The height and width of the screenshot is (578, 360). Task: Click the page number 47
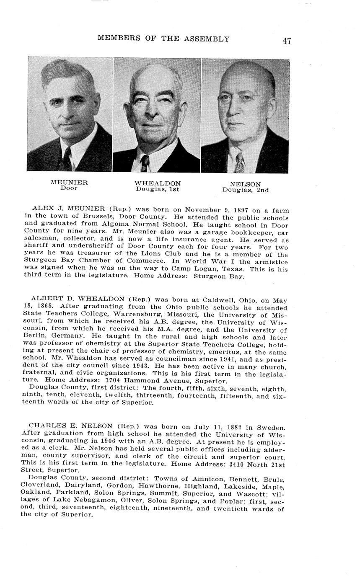(x=287, y=41)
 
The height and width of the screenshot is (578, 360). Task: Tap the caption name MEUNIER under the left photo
(x=69, y=183)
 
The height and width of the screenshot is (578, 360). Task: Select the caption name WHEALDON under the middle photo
(x=158, y=183)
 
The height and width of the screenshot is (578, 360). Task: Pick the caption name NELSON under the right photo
(x=245, y=184)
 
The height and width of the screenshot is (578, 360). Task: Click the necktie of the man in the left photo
(x=66, y=158)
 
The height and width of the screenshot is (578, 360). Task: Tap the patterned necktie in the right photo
(x=239, y=163)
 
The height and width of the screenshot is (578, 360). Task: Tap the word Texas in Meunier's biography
(x=244, y=269)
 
